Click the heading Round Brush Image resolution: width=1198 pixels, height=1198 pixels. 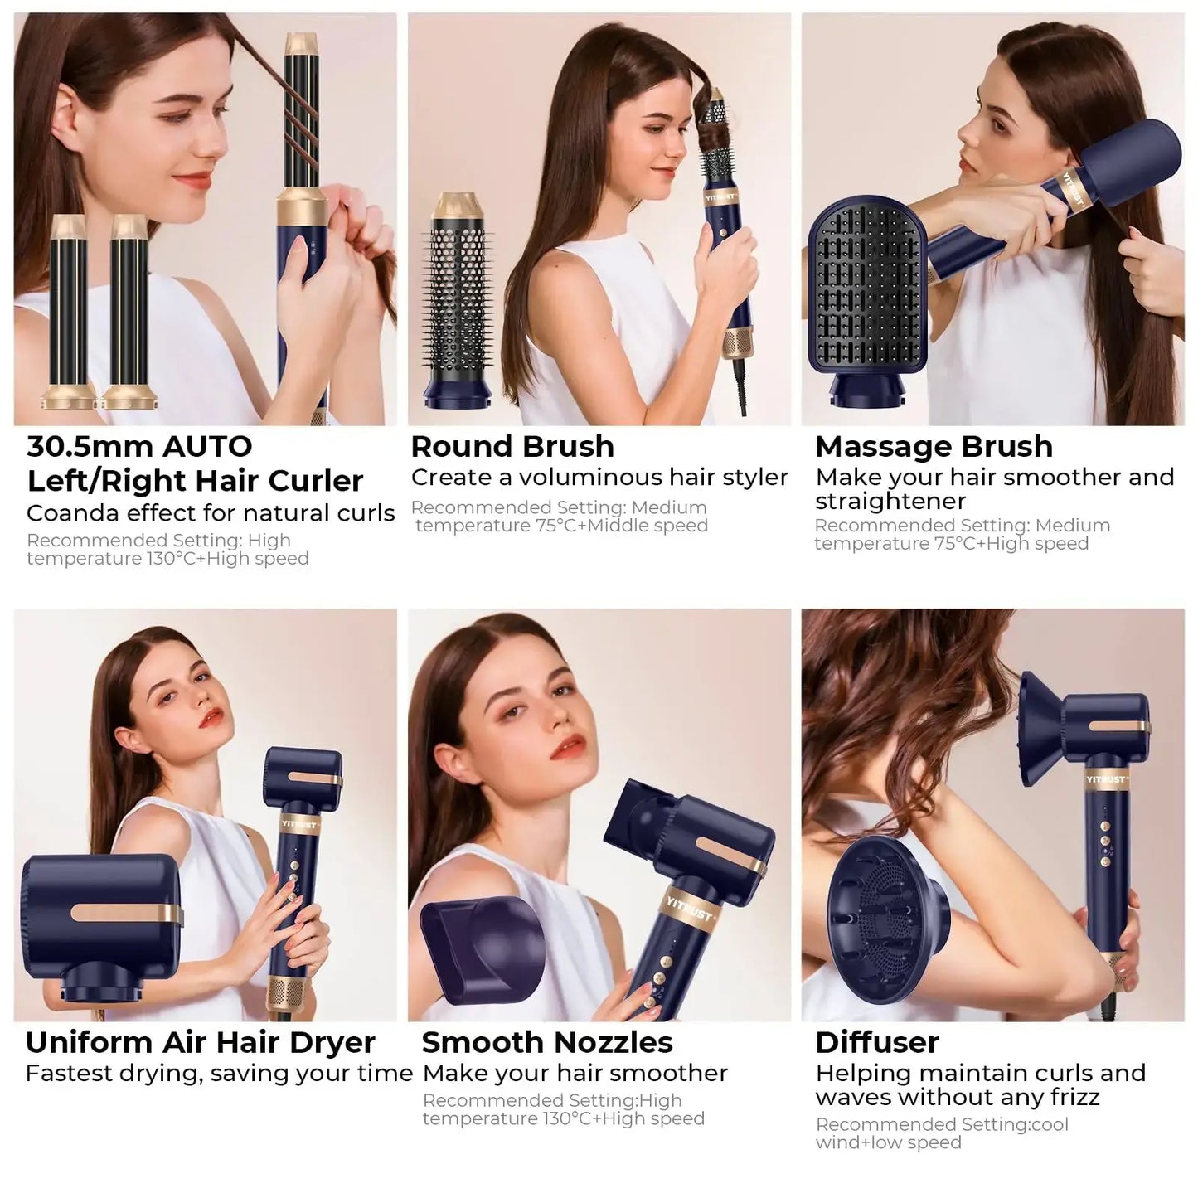pos(512,447)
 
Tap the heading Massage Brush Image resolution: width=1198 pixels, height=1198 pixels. pos(934,447)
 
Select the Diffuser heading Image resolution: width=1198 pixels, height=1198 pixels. pos(876,1042)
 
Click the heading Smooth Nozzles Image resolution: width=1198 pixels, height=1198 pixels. pos(547,1042)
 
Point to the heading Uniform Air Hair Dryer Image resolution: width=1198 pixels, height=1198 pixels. pos(200,1042)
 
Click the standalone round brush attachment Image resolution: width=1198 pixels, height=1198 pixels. pos(460,306)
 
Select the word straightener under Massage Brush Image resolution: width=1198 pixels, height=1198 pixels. pos(890,502)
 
